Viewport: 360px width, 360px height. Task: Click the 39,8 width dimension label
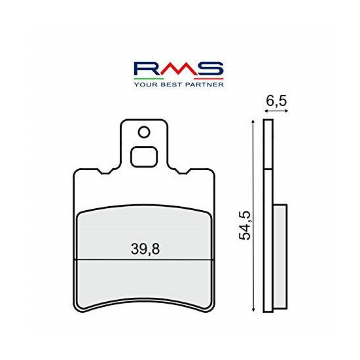click(145, 249)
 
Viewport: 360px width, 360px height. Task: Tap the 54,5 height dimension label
click(245, 225)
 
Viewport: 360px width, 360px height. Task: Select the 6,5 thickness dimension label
click(276, 101)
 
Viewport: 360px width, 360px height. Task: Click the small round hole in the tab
click(144, 132)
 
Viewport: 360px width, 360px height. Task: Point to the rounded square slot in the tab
click(144, 156)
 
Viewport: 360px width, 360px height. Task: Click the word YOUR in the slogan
click(145, 84)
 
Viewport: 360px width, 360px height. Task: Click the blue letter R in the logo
click(147, 69)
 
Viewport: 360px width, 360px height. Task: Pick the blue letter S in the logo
click(210, 69)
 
